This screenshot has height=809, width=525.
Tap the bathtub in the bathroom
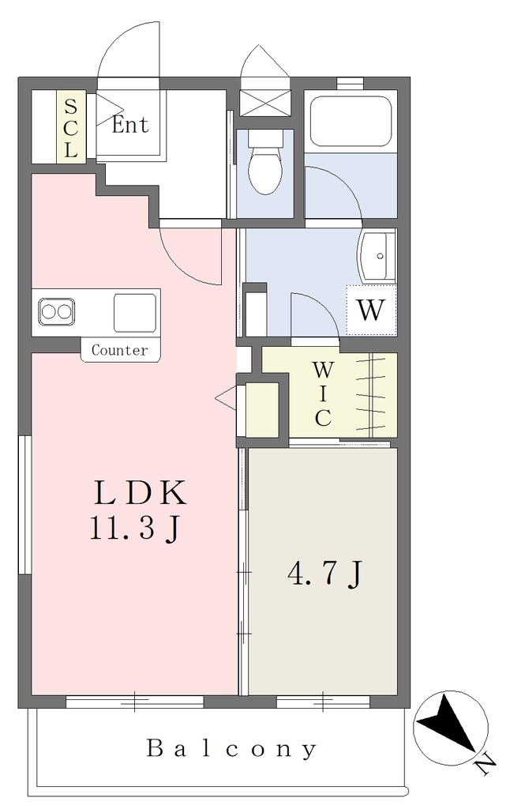351,121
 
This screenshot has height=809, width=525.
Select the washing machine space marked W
371,310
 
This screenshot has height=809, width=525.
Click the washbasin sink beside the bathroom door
377,257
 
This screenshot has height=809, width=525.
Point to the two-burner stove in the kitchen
56,312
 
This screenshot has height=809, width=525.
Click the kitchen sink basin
134,313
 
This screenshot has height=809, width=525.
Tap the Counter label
120,350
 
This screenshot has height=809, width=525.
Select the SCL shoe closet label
70,129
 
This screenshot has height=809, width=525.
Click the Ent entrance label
130,124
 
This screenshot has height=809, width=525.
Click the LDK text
140,493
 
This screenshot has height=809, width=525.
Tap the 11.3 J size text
135,529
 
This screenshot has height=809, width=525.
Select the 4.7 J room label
326,574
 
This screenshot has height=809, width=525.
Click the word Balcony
231,749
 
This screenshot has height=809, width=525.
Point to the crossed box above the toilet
265,103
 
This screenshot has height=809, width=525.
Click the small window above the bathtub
351,82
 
